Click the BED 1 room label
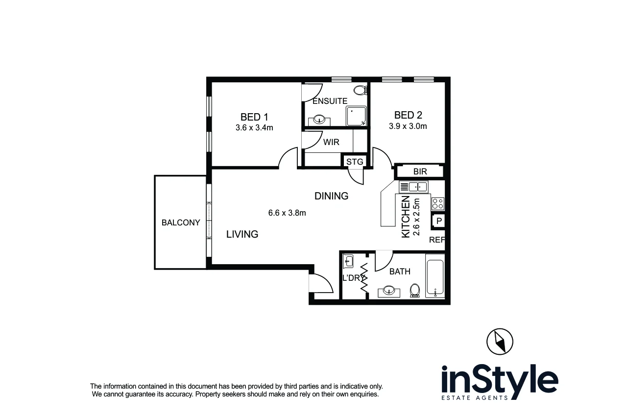pyautogui.click(x=254, y=117)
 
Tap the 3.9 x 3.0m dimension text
pyautogui.click(x=408, y=126)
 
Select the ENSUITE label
pyautogui.click(x=330, y=101)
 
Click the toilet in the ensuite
pyautogui.click(x=361, y=90)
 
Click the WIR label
pyautogui.click(x=331, y=143)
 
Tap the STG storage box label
pyautogui.click(x=355, y=162)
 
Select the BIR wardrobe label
pyautogui.click(x=420, y=172)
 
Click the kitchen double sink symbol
pyautogui.click(x=414, y=187)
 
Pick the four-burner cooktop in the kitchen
pyautogui.click(x=437, y=203)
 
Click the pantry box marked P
pyautogui.click(x=439, y=222)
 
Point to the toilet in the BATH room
pyautogui.click(x=415, y=290)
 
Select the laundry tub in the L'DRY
pyautogui.click(x=348, y=261)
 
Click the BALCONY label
pyautogui.click(x=181, y=222)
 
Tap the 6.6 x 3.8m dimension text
pyautogui.click(x=287, y=213)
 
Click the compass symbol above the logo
pyautogui.click(x=500, y=341)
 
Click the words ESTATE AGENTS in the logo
pyautogui.click(x=475, y=397)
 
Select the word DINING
pyautogui.click(x=331, y=196)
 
